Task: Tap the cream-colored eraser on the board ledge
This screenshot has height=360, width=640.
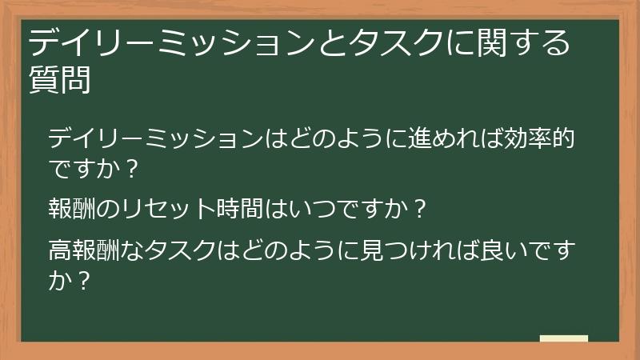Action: pos(564,338)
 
